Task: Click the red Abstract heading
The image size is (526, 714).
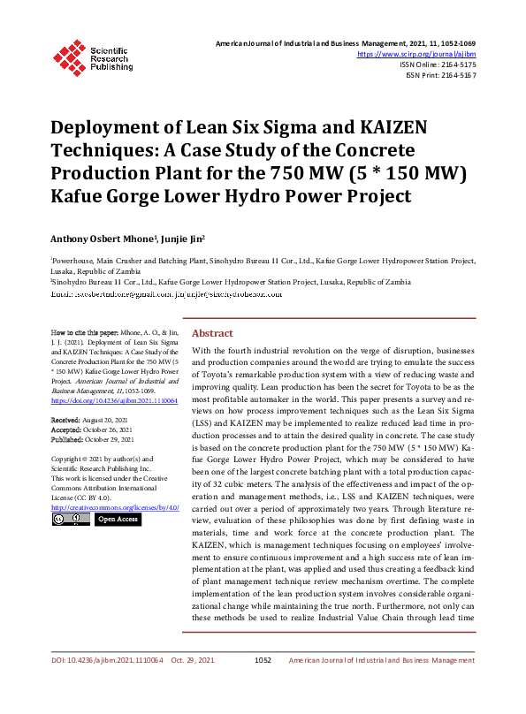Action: pyautogui.click(x=212, y=333)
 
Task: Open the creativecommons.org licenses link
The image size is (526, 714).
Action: pyautogui.click(x=115, y=508)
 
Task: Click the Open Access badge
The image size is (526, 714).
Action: pyautogui.click(x=117, y=520)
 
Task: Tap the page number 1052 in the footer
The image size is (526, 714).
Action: pyautogui.click(x=263, y=685)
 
